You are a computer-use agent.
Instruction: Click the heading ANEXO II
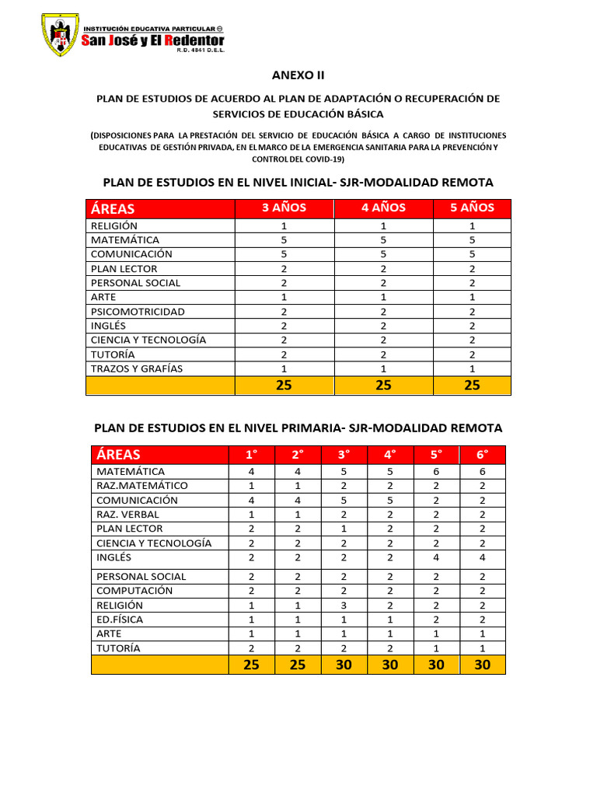298,75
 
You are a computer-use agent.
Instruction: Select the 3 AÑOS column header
284,208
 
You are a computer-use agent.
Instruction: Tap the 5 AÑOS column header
472,208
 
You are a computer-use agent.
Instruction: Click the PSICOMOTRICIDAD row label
138,312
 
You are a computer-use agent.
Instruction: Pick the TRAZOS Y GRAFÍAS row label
136,368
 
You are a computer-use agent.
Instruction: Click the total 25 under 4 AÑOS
383,386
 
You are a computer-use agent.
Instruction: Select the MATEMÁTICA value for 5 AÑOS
472,240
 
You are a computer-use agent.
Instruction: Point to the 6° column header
483,455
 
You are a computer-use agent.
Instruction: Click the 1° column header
251,455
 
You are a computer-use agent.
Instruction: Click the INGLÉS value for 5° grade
435,557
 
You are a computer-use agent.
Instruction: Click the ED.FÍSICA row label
120,620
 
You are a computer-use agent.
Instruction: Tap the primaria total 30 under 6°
483,665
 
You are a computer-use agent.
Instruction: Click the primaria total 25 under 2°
298,665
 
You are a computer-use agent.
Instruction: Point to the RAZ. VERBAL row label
127,515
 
